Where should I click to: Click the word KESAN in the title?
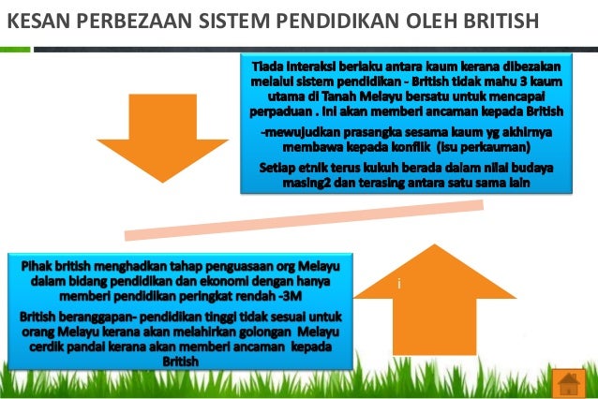[x=35, y=18]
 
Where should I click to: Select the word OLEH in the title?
[x=416, y=18]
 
